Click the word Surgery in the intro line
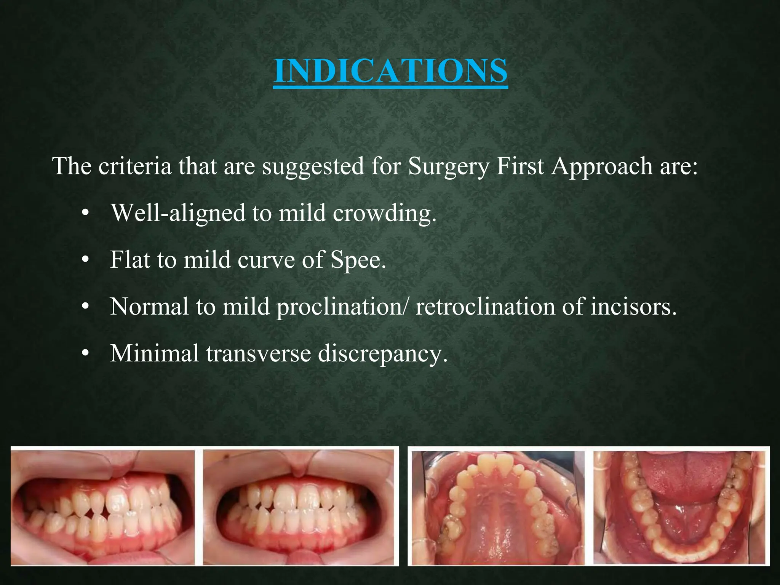coord(449,166)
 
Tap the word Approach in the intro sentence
coord(602,166)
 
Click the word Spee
coord(358,261)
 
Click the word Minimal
coord(154,353)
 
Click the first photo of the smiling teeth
coord(102,506)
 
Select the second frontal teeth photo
coord(299,506)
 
